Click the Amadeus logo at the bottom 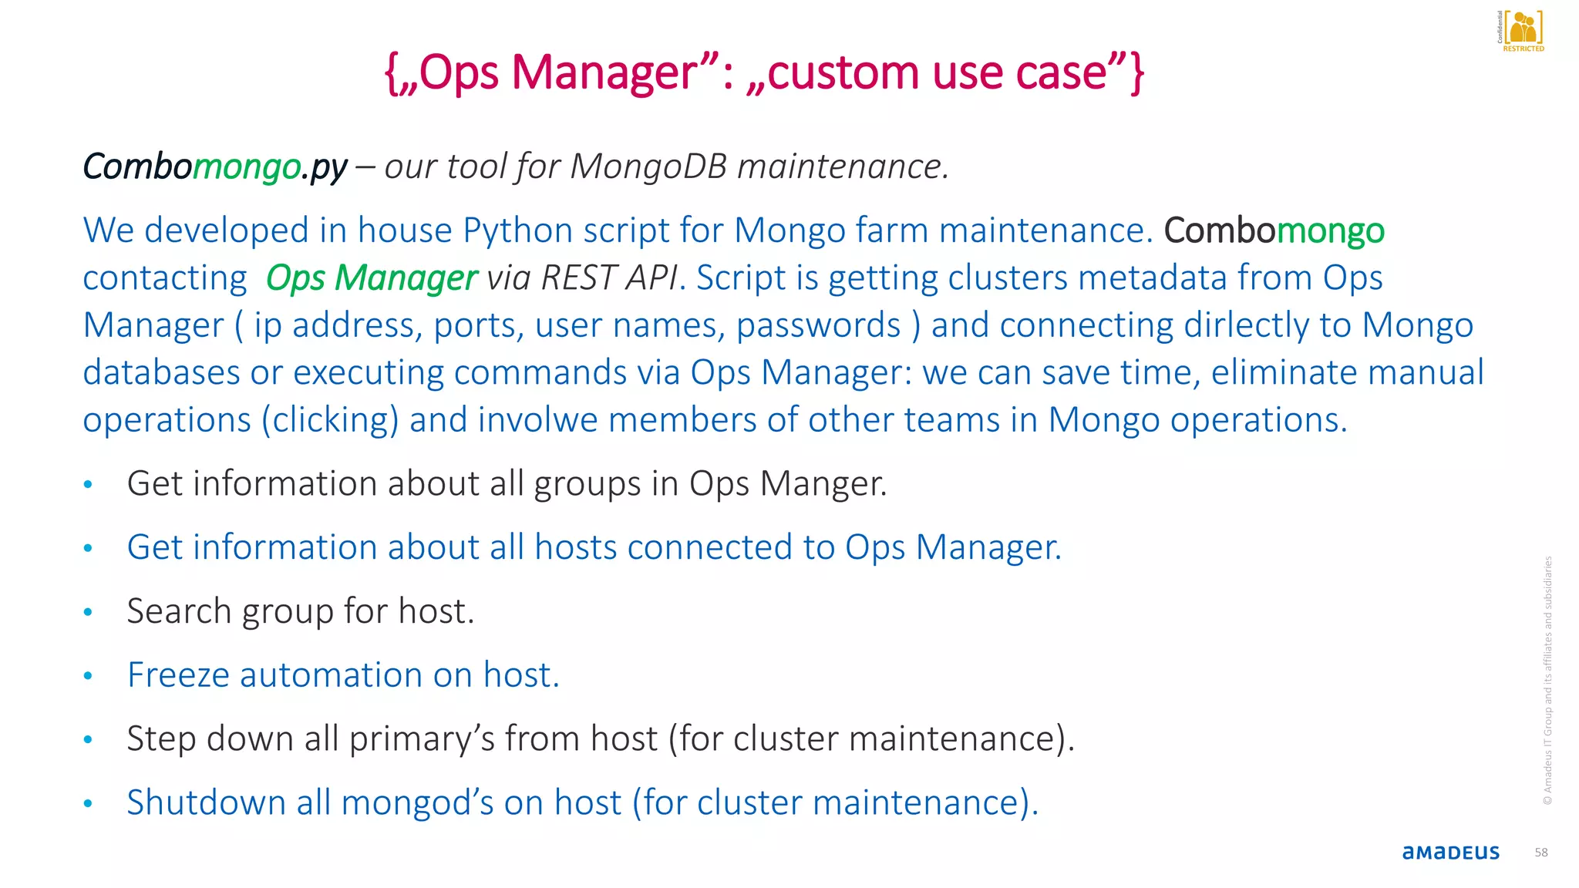(1450, 853)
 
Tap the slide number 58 (1541, 853)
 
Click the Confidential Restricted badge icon (1522, 31)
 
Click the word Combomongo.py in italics (215, 166)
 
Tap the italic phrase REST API (610, 278)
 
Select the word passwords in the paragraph (818, 325)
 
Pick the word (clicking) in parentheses (330, 420)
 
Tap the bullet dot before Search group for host (88, 612)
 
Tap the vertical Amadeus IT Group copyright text (1547, 681)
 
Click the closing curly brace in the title (1136, 72)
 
